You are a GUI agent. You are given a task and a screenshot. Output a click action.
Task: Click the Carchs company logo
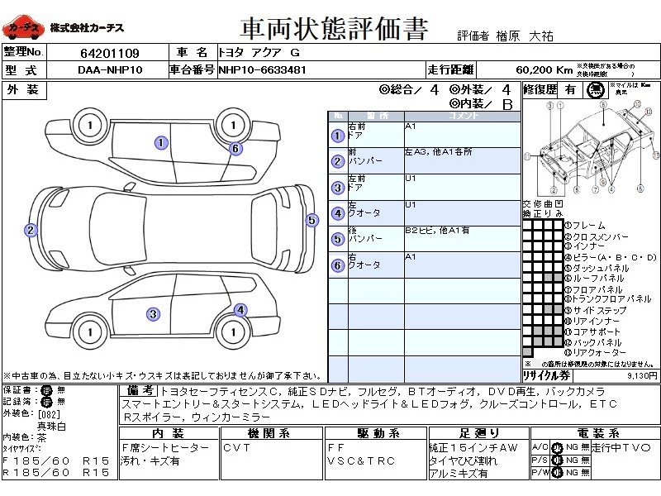[22, 28]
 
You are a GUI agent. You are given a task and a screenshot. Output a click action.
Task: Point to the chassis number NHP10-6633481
[262, 70]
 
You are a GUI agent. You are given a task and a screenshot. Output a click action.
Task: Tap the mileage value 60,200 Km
[544, 70]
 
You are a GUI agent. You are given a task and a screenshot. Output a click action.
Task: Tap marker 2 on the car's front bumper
[31, 231]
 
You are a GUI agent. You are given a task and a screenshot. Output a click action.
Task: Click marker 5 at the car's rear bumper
[311, 220]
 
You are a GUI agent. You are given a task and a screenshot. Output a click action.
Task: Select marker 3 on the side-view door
[153, 313]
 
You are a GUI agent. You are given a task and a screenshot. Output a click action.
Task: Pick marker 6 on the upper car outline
[235, 149]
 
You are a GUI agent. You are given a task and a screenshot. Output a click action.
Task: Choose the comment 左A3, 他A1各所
[438, 153]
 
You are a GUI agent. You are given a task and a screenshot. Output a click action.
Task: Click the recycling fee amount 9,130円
[641, 375]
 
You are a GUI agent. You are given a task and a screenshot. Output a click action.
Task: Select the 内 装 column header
[168, 433]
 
